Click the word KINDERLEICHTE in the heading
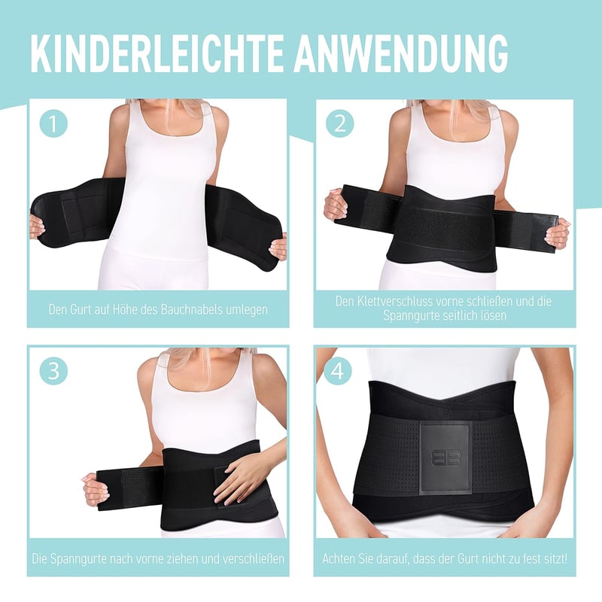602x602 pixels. [x=157, y=53]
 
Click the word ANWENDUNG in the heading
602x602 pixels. [x=402, y=53]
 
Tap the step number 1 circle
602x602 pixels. [x=53, y=123]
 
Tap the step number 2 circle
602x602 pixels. [x=340, y=123]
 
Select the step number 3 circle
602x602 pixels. [x=53, y=371]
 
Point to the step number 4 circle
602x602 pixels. [x=338, y=371]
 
